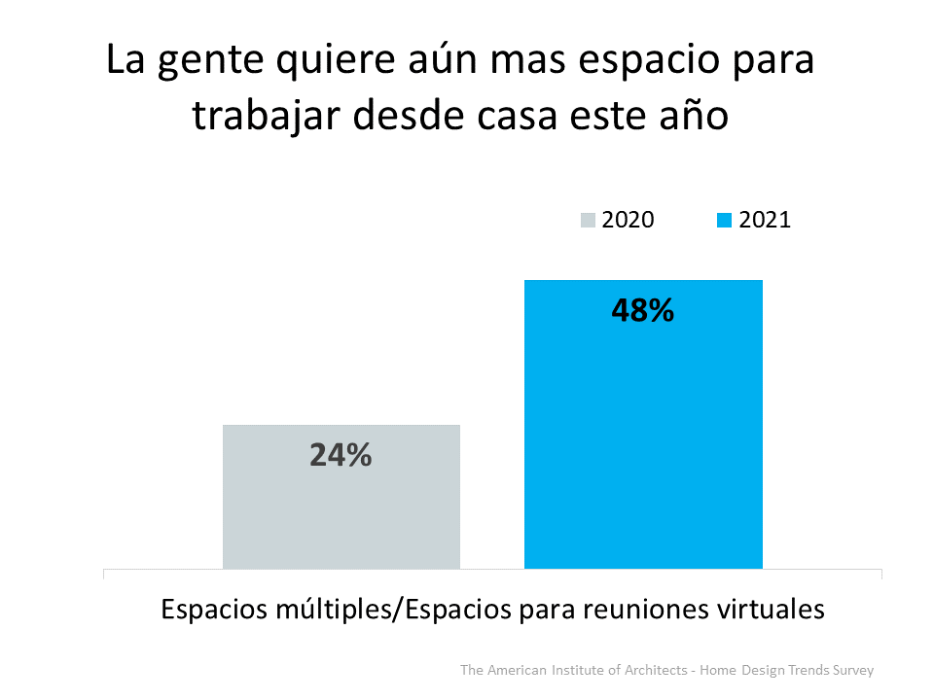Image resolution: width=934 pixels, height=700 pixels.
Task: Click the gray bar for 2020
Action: (341, 515)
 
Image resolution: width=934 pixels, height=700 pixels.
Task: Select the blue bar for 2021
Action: (643, 437)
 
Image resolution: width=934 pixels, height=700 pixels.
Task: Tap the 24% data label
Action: (341, 455)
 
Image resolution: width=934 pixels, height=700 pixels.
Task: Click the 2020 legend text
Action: (628, 220)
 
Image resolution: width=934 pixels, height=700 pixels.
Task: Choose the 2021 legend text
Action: (765, 220)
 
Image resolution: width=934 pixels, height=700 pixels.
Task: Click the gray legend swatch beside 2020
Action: (589, 221)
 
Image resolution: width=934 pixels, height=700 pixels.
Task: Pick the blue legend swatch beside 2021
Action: (724, 221)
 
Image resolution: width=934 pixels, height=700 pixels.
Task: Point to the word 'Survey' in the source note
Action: (852, 671)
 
